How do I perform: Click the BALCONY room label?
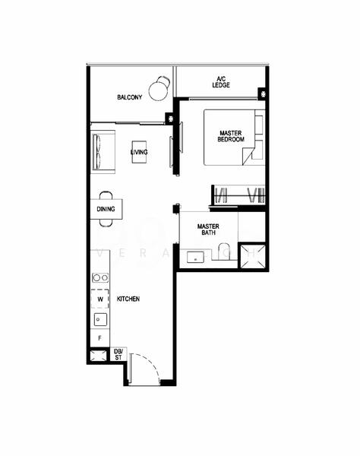(130, 97)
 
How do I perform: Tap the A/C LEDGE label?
(221, 81)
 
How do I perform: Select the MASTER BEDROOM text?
(231, 136)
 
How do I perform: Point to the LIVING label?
(139, 153)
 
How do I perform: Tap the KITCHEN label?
(128, 299)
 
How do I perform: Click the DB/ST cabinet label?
(118, 353)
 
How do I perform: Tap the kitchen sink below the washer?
(100, 318)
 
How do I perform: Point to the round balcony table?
(159, 91)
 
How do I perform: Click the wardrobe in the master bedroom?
(238, 195)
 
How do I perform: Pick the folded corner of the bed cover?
(250, 157)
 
